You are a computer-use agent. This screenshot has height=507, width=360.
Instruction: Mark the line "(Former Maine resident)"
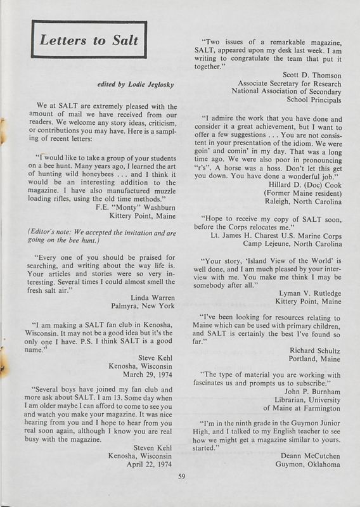point(299,210)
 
